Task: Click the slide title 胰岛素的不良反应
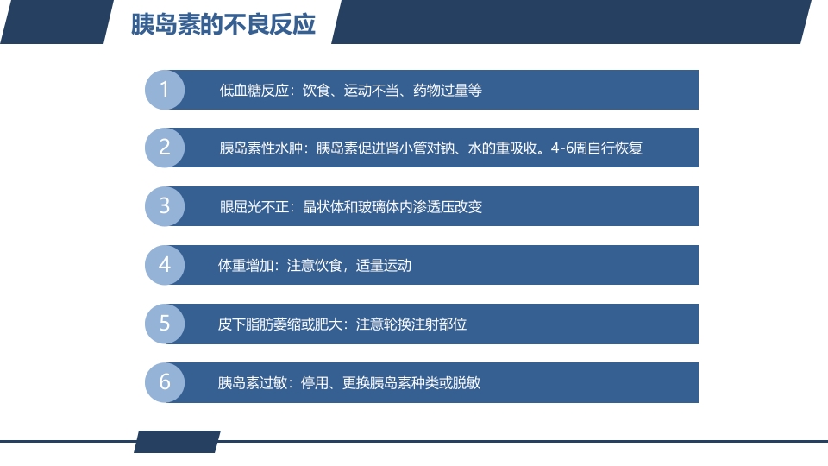pyautogui.click(x=223, y=25)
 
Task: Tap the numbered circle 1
pyautogui.click(x=165, y=90)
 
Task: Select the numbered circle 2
pyautogui.click(x=165, y=148)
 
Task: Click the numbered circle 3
pyautogui.click(x=165, y=206)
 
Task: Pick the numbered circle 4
pyautogui.click(x=165, y=265)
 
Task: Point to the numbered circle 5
pyautogui.click(x=165, y=324)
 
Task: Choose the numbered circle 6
pyautogui.click(x=165, y=382)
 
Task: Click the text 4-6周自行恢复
pyautogui.click(x=596, y=148)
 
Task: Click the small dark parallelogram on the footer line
pyautogui.click(x=177, y=442)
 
